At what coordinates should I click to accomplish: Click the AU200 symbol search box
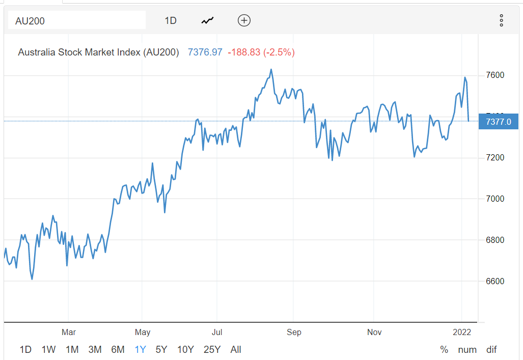point(76,21)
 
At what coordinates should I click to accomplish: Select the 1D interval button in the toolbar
point(171,21)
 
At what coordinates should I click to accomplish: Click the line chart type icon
point(207,21)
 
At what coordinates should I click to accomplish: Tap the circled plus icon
point(244,20)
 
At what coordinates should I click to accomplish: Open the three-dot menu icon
point(501,21)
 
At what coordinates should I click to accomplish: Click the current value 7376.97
point(205,52)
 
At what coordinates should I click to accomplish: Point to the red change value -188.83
point(244,52)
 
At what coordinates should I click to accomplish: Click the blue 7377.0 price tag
point(498,122)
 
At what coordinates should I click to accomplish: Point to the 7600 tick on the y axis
point(495,75)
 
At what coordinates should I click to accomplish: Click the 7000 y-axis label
point(495,199)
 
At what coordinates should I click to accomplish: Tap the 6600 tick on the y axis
point(495,281)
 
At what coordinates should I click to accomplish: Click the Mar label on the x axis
point(69,333)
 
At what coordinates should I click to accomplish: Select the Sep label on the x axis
point(294,333)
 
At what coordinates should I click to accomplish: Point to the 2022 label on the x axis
point(462,333)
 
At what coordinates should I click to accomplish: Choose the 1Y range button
point(140,350)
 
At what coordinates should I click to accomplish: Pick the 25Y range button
point(212,350)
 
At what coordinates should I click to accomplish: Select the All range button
point(236,350)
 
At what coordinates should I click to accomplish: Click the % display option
point(445,350)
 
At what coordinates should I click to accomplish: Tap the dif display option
point(491,350)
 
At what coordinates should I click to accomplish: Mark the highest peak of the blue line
point(271,69)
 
